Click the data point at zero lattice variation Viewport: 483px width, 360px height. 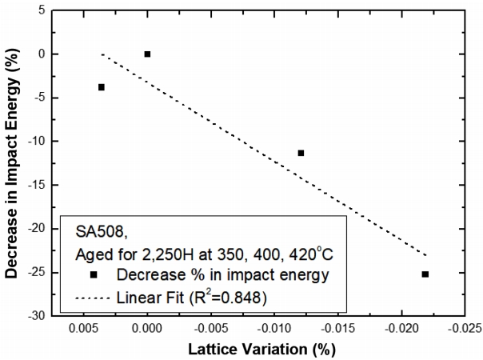[x=147, y=54]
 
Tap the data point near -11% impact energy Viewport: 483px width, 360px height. [x=301, y=153]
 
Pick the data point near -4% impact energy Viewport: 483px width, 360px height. [x=102, y=87]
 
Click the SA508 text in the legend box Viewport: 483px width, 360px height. [x=96, y=230]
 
